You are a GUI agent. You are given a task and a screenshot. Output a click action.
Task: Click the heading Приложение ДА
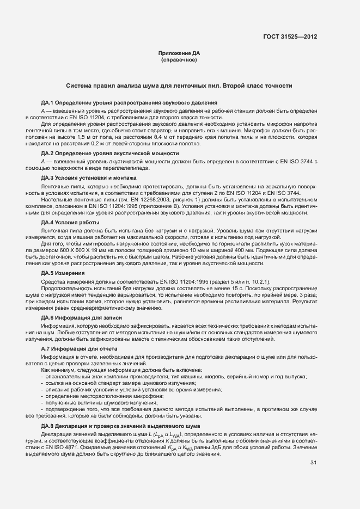(x=179, y=53)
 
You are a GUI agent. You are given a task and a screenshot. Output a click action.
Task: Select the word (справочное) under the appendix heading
(x=179, y=60)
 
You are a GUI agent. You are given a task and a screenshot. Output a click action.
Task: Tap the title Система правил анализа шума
(x=180, y=86)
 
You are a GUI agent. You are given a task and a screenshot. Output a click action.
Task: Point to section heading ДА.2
(x=110, y=154)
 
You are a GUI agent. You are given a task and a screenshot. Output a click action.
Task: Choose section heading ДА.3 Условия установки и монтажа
(x=89, y=178)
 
